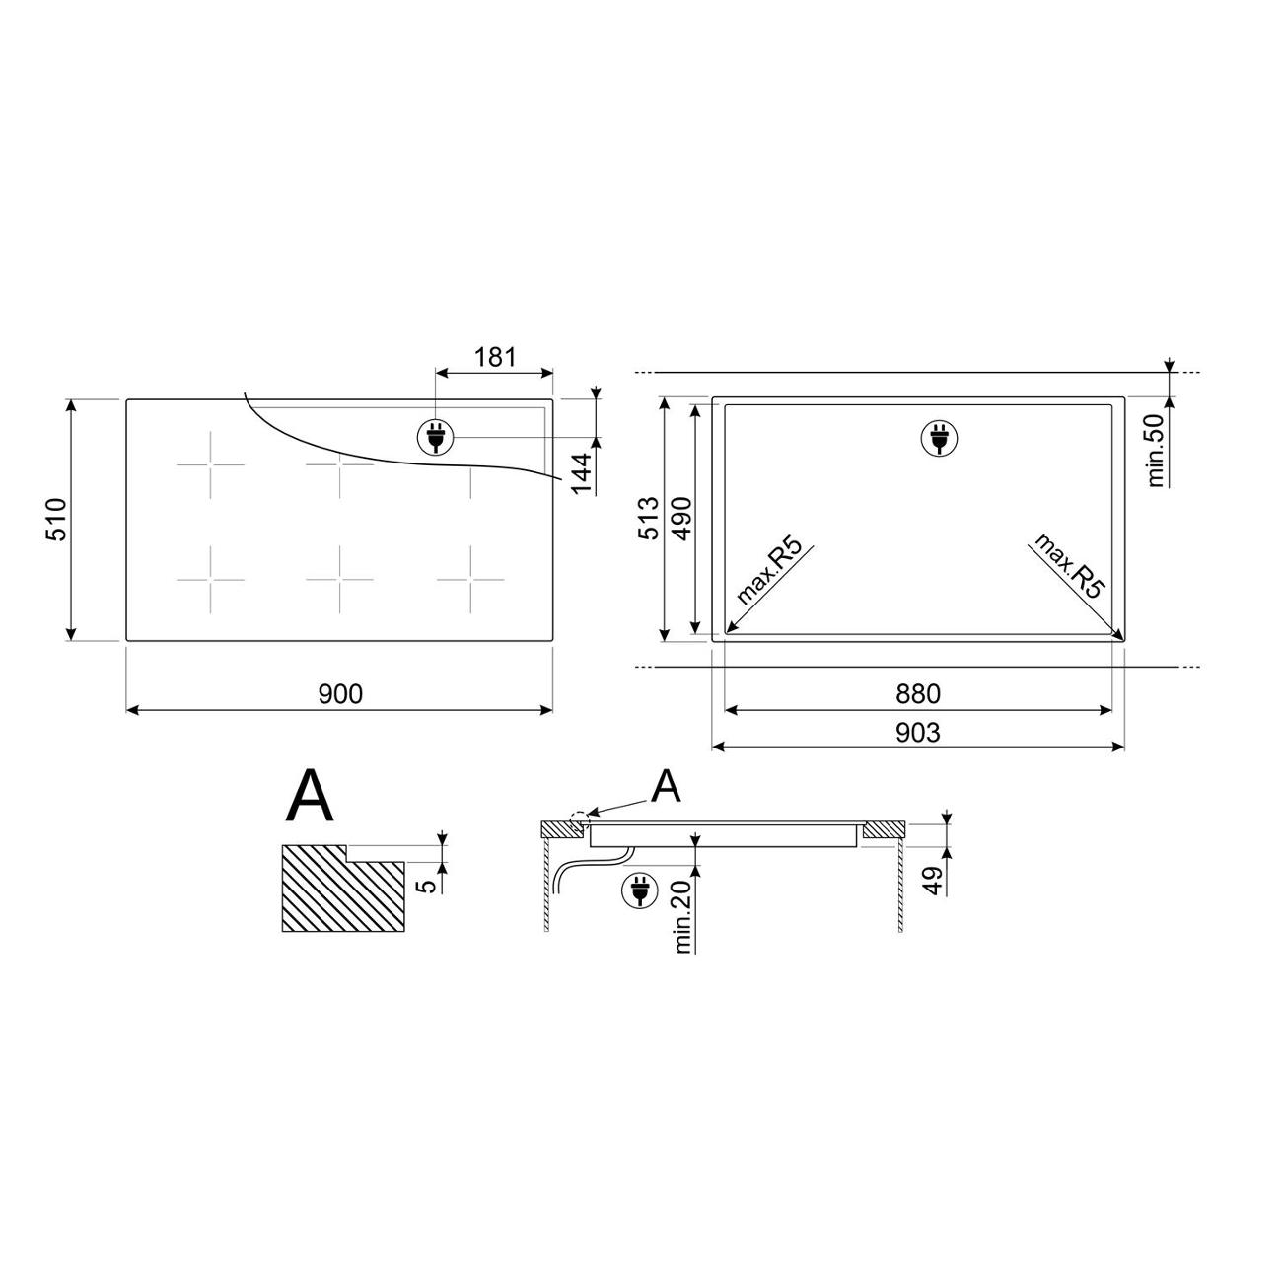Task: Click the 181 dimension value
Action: tap(494, 357)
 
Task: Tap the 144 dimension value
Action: tap(582, 473)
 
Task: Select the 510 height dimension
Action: tap(57, 519)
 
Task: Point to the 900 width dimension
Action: tap(340, 694)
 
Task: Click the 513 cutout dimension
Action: tap(649, 519)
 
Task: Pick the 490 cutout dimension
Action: tap(681, 519)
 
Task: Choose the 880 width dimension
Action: tap(918, 694)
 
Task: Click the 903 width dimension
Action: tap(918, 733)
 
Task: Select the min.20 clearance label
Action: tap(683, 916)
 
